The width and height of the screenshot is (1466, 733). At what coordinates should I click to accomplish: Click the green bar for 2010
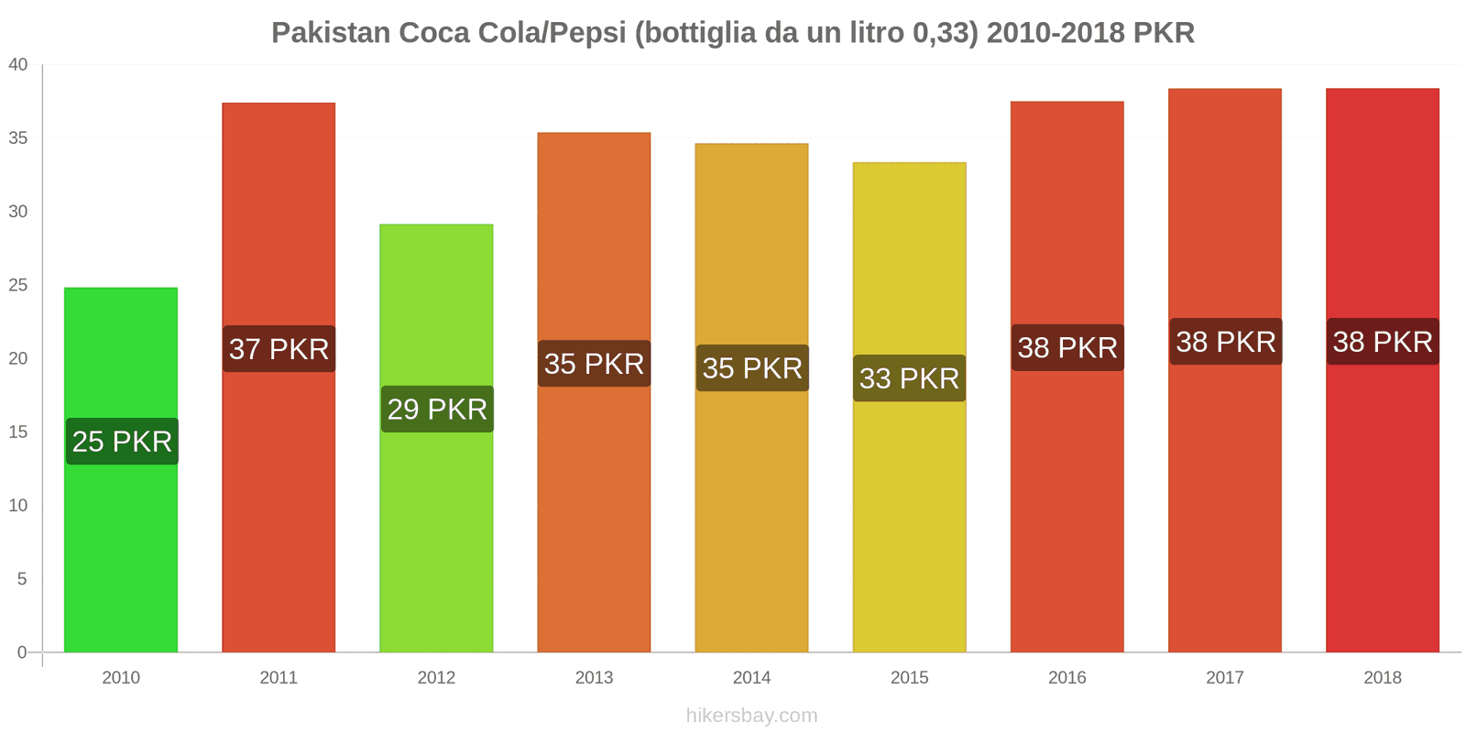(121, 550)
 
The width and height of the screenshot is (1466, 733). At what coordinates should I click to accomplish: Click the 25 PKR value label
(122, 442)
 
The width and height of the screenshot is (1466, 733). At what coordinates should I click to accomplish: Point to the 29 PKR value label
(437, 409)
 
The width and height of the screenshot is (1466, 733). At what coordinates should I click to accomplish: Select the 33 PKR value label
(909, 378)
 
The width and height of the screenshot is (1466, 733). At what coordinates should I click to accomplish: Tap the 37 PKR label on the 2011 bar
(279, 349)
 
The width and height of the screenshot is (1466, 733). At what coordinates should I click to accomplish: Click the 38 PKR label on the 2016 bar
(1067, 347)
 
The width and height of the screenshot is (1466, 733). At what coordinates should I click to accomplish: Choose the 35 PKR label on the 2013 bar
(594, 364)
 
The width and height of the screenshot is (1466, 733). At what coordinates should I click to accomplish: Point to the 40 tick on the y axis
(18, 65)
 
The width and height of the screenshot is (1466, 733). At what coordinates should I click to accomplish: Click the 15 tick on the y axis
(18, 432)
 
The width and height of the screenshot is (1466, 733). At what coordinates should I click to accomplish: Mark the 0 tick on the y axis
(22, 652)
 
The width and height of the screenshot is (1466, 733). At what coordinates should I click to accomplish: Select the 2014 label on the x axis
(751, 677)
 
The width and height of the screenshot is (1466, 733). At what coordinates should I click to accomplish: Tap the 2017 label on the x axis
(1224, 677)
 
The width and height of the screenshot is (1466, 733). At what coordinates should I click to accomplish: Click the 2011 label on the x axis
(279, 677)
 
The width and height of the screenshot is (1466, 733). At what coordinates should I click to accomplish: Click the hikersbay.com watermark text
(751, 716)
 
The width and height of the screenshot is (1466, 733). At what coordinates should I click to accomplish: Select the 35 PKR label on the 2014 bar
(752, 368)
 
